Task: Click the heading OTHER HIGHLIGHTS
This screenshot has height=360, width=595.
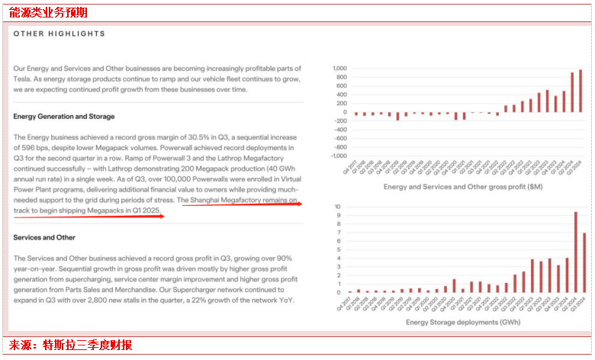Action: tap(59, 34)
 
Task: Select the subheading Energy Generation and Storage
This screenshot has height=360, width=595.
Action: tap(64, 117)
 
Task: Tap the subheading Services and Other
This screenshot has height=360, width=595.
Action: tap(44, 238)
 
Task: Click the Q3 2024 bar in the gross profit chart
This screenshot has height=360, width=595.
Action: tap(581, 91)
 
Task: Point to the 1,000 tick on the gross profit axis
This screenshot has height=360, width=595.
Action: tap(339, 69)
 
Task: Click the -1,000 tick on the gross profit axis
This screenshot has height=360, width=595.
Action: tap(338, 156)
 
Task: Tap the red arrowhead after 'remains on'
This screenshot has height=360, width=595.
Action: tap(300, 204)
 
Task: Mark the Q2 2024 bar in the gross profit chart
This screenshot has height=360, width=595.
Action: tap(572, 92)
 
